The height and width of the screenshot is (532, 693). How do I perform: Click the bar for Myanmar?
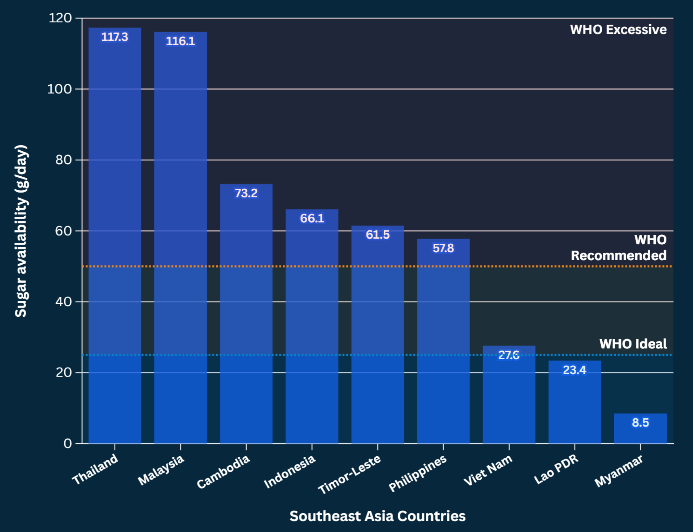click(x=640, y=428)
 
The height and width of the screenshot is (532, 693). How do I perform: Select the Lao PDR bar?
click(x=575, y=402)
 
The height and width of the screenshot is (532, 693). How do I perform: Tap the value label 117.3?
click(x=115, y=37)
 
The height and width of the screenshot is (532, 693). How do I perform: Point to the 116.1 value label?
click(x=180, y=41)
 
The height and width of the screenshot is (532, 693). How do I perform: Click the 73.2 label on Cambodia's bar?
click(x=246, y=193)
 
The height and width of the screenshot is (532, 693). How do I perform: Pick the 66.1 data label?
click(x=312, y=218)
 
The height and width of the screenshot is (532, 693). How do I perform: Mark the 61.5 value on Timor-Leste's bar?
click(x=377, y=235)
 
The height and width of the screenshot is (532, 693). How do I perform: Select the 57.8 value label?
click(x=443, y=248)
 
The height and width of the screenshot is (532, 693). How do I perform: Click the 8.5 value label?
click(x=640, y=422)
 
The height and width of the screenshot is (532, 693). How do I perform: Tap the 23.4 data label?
click(x=575, y=370)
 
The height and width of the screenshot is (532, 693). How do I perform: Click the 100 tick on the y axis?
click(x=59, y=89)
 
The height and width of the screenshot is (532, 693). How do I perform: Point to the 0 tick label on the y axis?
click(x=68, y=444)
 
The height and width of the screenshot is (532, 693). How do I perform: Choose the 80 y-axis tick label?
click(x=63, y=160)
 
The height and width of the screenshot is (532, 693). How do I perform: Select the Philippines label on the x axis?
click(x=418, y=473)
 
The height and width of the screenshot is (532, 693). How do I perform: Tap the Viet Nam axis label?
click(x=488, y=470)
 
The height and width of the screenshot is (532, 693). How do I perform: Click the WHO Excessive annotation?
click(x=618, y=29)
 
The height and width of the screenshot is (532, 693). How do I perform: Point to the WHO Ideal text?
click(x=633, y=344)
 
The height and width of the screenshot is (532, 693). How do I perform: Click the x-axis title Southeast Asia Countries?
click(x=377, y=516)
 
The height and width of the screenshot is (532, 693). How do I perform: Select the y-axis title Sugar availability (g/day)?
click(x=21, y=231)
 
